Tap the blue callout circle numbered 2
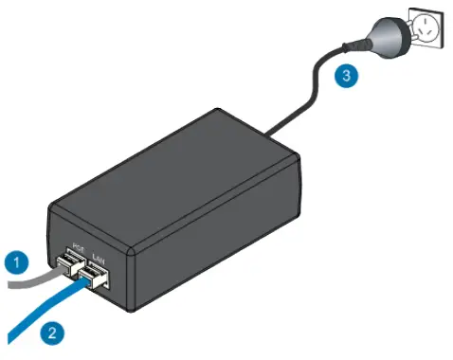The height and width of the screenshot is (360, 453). (x=52, y=332)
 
